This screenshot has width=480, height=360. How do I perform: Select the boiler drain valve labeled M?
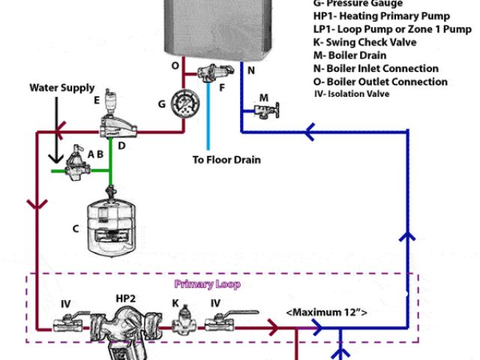click(x=263, y=110)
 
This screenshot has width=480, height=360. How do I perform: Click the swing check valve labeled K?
click(x=180, y=325)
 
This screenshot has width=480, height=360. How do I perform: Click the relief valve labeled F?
click(x=208, y=74)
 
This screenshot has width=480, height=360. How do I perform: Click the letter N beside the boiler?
click(x=251, y=70)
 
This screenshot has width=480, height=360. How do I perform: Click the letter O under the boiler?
click(x=175, y=66)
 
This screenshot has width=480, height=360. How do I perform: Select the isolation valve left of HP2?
click(x=66, y=325)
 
